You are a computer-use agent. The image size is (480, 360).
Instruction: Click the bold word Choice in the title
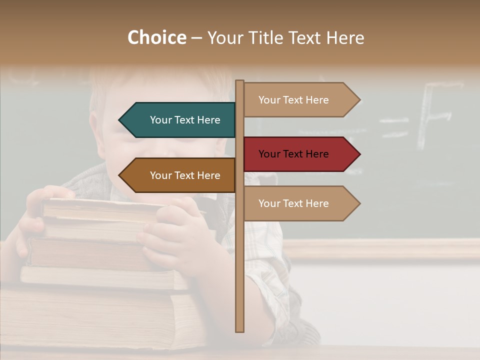tap(156, 38)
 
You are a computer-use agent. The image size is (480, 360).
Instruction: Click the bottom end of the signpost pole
tap(240, 329)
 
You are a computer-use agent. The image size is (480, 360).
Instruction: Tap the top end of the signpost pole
tap(240, 82)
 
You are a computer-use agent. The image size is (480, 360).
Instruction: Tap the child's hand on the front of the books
tap(167, 230)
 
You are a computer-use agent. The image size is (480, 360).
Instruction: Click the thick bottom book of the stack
tap(100, 315)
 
